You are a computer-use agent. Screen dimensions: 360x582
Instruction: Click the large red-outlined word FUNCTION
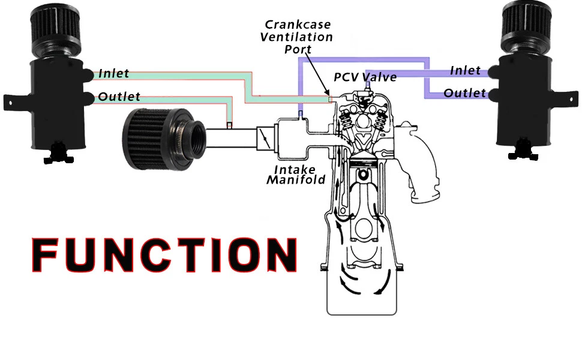pos(164,254)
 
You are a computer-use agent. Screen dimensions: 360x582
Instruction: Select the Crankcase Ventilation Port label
pos(298,37)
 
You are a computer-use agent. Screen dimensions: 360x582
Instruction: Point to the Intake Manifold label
pos(296,174)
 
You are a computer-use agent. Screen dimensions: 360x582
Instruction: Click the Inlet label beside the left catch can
pos(113,74)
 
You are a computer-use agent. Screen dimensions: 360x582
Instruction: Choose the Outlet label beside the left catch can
pos(119,97)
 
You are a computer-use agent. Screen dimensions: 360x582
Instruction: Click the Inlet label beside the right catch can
pos(466,71)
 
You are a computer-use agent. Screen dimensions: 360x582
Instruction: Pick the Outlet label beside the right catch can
pos(465,93)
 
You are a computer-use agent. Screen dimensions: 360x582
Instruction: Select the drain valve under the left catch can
pos(57,152)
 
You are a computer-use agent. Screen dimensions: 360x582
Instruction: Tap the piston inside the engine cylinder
pos(362,166)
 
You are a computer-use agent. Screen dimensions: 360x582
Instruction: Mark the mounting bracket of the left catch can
pos(14,100)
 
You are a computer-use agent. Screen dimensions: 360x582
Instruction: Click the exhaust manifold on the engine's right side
pos(422,162)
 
